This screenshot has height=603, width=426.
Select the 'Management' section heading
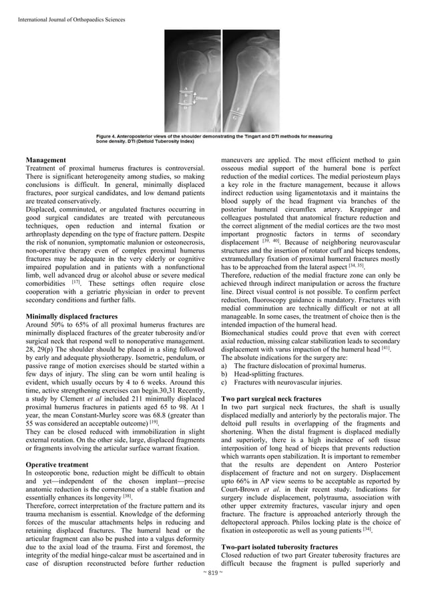(x=45, y=160)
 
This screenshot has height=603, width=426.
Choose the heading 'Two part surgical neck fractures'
(x=271, y=398)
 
